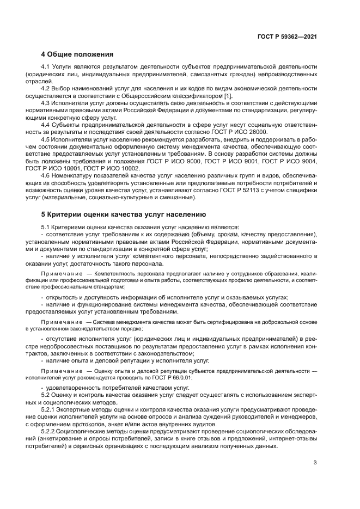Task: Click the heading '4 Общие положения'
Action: pos(77,54)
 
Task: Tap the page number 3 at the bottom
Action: pos(315,463)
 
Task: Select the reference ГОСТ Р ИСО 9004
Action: pos(291,162)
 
